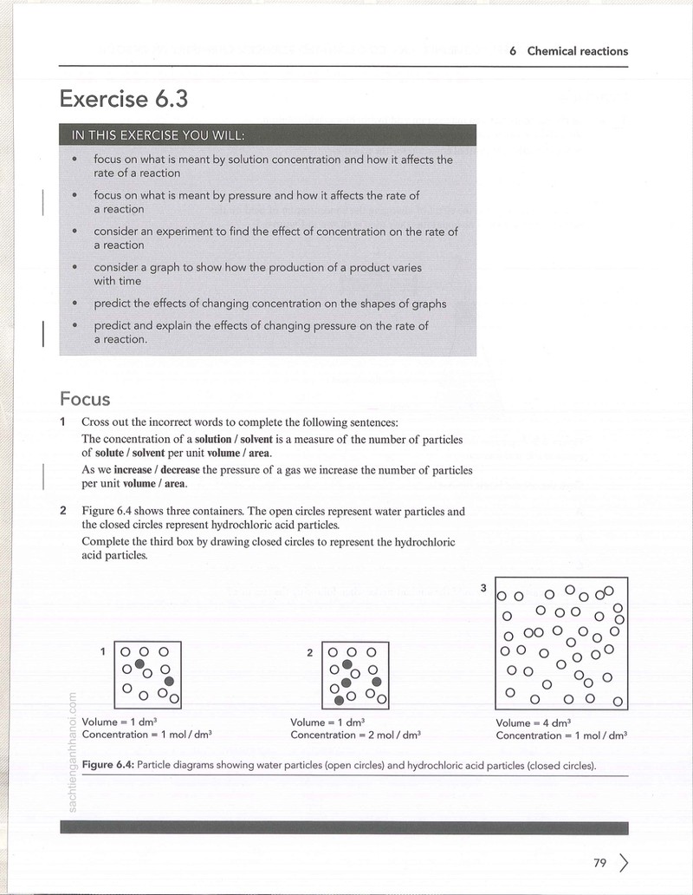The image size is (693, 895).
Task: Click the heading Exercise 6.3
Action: (x=124, y=99)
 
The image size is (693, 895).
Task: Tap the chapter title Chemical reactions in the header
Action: (x=577, y=51)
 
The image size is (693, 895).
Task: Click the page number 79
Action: (x=599, y=862)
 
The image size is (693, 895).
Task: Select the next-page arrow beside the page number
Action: (x=624, y=863)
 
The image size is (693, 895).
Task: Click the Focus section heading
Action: (x=85, y=398)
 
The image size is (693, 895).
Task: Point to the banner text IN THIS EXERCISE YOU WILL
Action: (x=158, y=135)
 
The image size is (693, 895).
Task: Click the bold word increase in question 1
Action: (x=133, y=470)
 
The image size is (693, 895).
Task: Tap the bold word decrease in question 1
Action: (x=180, y=470)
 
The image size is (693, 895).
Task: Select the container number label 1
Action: (x=103, y=651)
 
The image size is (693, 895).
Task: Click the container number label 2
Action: (x=309, y=652)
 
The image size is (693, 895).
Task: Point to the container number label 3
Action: (x=483, y=587)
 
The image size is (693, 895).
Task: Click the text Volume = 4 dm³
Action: (x=534, y=722)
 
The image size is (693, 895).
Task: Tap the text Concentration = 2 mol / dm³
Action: (x=356, y=735)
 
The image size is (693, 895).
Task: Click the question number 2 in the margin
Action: (x=63, y=511)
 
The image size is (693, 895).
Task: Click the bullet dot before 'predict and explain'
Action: (x=74, y=325)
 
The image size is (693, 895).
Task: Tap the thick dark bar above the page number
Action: (x=344, y=827)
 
